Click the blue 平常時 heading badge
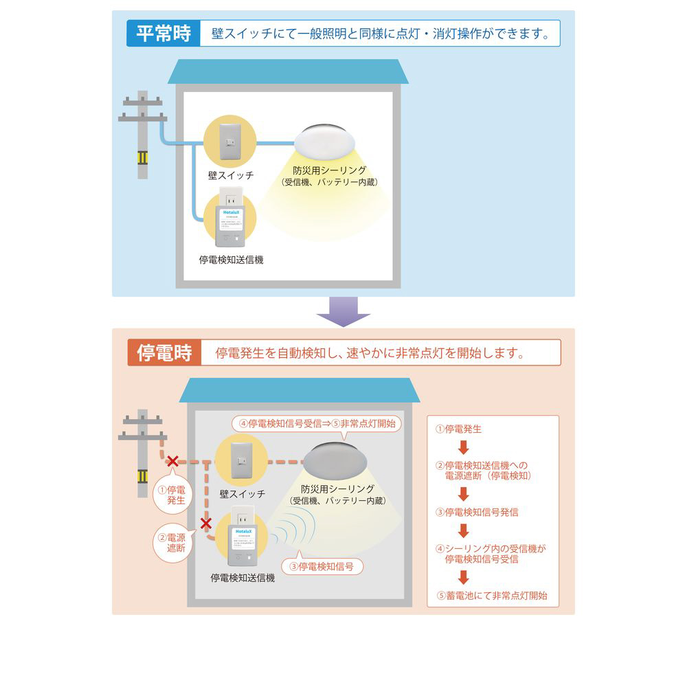(x=163, y=34)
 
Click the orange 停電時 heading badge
(x=164, y=353)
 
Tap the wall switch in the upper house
(x=229, y=141)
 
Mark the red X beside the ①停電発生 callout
(x=173, y=461)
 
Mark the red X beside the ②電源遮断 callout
(x=205, y=523)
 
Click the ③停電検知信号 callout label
(x=322, y=567)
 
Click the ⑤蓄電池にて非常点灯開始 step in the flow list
(x=492, y=596)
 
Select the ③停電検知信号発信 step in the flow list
(x=477, y=512)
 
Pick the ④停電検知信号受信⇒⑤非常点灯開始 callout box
(x=317, y=424)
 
